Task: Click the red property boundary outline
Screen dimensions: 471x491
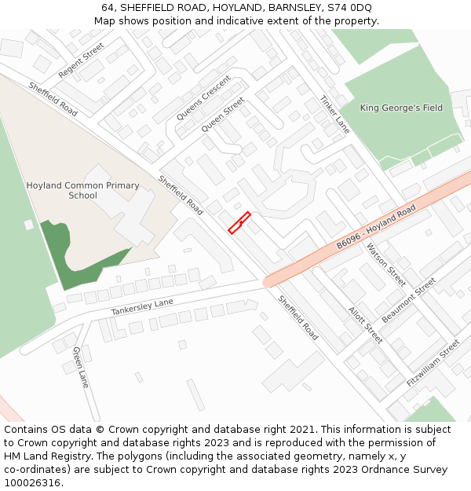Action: pos(239,222)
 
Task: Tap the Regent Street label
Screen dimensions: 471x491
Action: pos(81,60)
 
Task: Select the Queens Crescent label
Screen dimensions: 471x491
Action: pos(203,97)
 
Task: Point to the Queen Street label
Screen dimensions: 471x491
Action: pos(223,115)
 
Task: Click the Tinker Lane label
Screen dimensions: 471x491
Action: pos(335,115)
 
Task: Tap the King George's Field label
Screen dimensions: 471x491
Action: pos(401,108)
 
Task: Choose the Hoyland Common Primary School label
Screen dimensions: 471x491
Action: pos(82,191)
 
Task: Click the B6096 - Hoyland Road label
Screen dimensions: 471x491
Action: pos(376,228)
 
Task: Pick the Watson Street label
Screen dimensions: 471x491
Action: pos(386,265)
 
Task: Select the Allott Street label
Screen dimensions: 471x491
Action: pos(365,324)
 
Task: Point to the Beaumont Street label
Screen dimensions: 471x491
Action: pos(408,300)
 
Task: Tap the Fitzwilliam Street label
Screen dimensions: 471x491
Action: pos(433,362)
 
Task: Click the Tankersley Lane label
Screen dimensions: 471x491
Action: pos(142,307)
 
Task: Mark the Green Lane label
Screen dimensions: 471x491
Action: pos(81,367)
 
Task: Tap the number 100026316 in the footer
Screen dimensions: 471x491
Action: pos(32,482)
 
